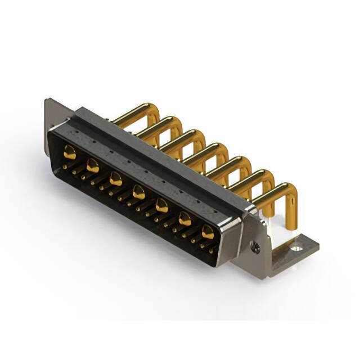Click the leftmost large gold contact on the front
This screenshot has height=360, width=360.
tap(70, 151)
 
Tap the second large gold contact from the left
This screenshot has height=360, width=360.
tap(93, 165)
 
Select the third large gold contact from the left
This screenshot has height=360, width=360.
tap(116, 179)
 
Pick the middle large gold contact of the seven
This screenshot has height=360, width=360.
tap(138, 193)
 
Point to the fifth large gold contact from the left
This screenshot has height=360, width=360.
tap(162, 205)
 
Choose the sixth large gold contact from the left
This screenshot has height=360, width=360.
tap(185, 218)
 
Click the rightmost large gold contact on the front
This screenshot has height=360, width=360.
tap(208, 231)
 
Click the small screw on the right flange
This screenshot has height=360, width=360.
tap(256, 246)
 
